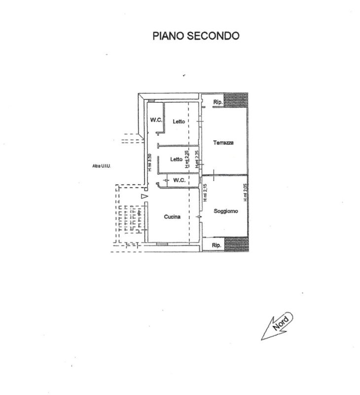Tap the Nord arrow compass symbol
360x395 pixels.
277,326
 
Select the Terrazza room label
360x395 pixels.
223,143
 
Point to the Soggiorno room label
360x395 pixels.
226,211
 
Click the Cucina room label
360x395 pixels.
172,217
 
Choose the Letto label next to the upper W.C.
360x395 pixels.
179,121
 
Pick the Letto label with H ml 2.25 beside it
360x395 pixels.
176,159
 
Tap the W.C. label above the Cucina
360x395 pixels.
179,180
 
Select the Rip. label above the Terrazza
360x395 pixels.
217,102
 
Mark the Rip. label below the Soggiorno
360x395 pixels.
216,245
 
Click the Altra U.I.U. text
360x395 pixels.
102,166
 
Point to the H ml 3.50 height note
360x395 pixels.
150,162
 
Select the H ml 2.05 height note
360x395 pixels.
245,193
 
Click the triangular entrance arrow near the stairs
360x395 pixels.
144,197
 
